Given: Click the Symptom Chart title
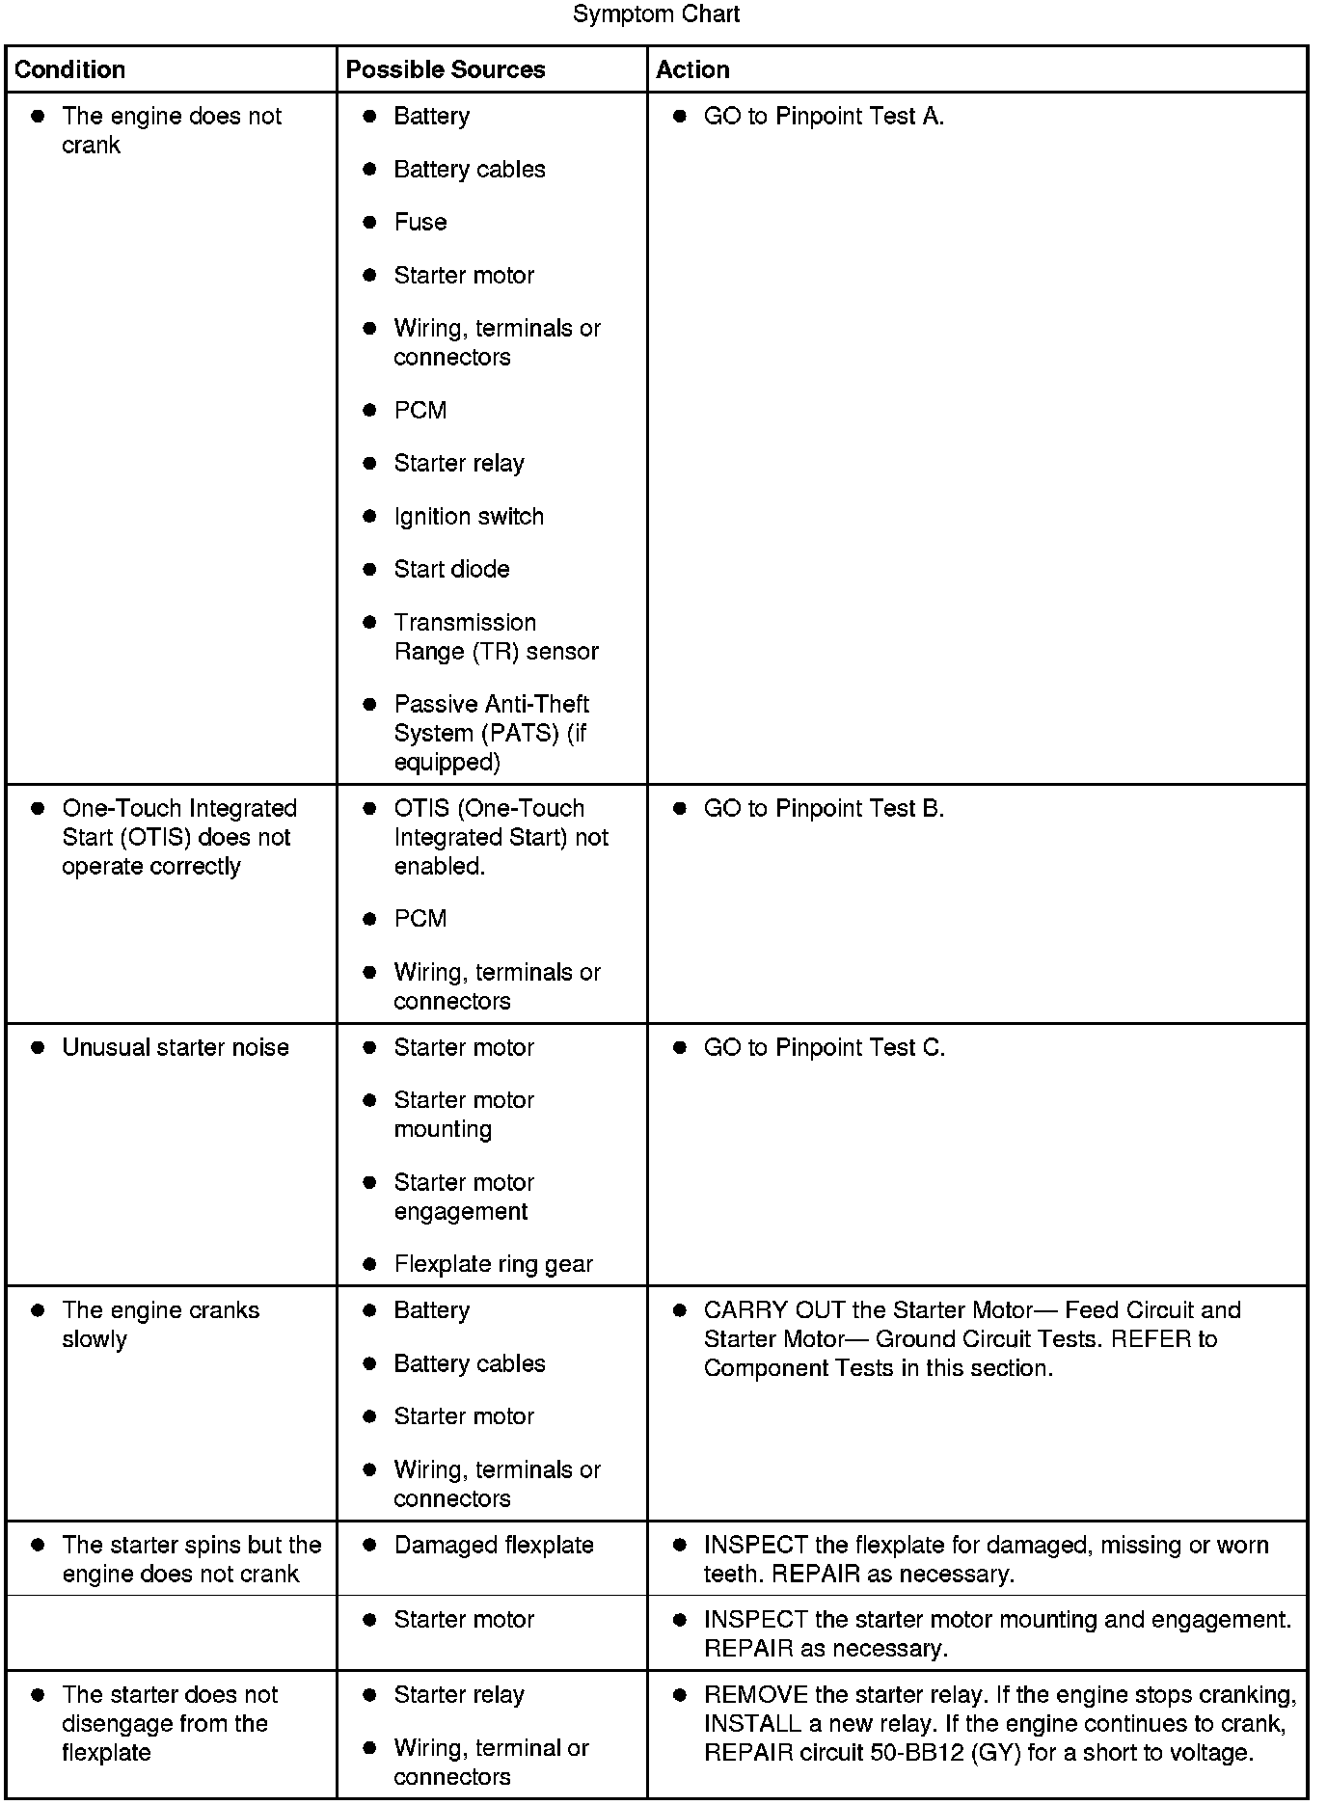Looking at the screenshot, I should click(656, 14).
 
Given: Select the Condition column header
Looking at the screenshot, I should click(70, 69).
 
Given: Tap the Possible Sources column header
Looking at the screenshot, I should click(446, 69).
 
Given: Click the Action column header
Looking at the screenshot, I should click(692, 69).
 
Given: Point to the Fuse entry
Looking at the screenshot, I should click(420, 222).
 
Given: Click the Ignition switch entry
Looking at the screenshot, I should click(469, 516).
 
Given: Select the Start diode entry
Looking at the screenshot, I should click(451, 569).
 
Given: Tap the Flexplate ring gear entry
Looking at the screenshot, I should click(493, 1264).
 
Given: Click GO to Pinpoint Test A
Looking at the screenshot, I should click(824, 116).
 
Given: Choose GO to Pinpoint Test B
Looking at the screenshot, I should click(824, 808).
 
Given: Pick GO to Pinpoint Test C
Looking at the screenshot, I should click(824, 1047).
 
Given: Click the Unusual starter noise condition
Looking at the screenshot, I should click(176, 1047).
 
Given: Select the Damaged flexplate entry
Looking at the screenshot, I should click(494, 1545).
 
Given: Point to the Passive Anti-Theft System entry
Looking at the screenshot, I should click(491, 733).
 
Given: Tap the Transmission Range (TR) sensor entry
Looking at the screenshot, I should click(496, 636).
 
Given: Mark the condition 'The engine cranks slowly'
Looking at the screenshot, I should click(160, 1324).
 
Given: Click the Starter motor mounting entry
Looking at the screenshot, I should click(464, 1115).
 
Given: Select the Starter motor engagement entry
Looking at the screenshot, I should click(464, 1197).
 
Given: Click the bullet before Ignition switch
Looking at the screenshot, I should click(369, 516).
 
